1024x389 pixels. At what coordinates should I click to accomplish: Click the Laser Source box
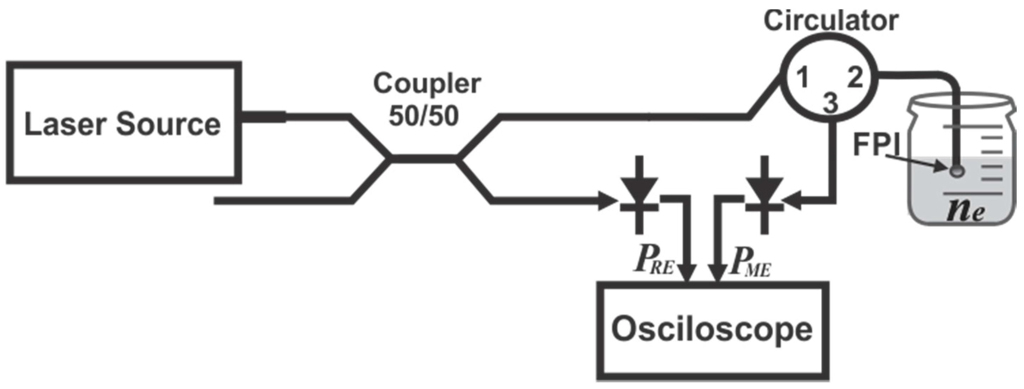[123, 123]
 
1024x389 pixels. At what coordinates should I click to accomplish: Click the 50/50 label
[424, 116]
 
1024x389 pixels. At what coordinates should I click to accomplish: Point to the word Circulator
[831, 21]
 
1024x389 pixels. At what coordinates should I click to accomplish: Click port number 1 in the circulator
[803, 77]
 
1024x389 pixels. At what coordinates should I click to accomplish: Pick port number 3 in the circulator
[830, 103]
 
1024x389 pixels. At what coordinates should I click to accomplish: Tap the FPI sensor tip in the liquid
[957, 171]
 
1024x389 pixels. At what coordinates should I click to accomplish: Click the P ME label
[750, 262]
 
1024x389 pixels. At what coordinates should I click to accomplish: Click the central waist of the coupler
[424, 159]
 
